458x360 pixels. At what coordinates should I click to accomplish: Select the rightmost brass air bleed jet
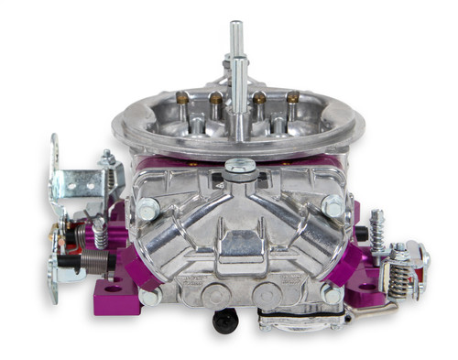tap(292, 96)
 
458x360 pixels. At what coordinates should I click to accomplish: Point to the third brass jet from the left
tap(259, 95)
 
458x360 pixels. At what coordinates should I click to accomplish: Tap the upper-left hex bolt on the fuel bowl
tap(146, 210)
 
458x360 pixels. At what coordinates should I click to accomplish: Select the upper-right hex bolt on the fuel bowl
tap(333, 207)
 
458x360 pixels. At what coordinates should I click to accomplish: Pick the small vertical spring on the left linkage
tap(100, 232)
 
